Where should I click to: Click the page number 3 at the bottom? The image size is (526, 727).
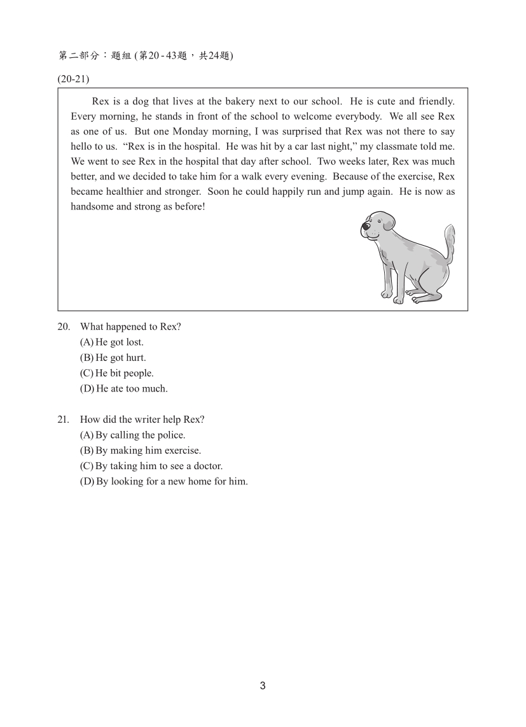[263, 686]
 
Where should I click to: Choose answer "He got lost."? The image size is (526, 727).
[112, 342]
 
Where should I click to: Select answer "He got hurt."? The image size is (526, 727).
[113, 358]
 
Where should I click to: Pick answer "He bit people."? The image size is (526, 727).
[116, 373]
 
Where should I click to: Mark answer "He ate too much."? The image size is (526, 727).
[123, 388]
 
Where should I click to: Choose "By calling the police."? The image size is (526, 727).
[132, 435]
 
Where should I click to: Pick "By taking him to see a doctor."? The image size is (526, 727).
[151, 466]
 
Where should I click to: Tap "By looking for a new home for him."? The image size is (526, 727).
[163, 481]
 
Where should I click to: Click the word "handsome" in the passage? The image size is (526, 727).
[91, 207]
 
